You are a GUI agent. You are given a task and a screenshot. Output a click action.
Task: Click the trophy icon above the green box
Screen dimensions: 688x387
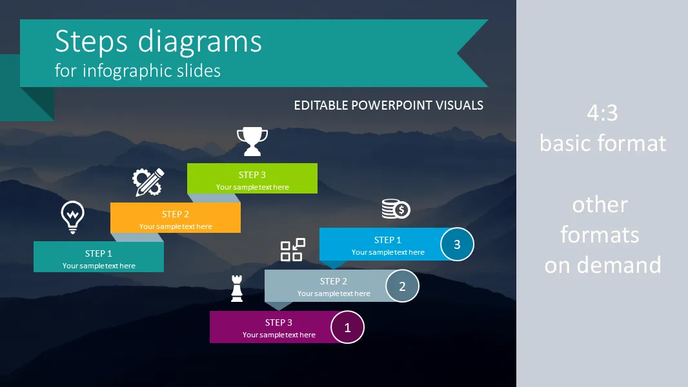[x=252, y=141]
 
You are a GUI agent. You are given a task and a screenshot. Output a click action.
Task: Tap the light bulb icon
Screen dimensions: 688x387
[x=72, y=217]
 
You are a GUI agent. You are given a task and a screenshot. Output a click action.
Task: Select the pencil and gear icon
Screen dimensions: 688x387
[x=148, y=182]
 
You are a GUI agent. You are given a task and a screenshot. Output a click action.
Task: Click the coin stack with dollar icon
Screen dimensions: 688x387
[x=396, y=208]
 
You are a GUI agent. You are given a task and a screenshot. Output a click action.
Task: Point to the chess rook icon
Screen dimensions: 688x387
[x=237, y=288]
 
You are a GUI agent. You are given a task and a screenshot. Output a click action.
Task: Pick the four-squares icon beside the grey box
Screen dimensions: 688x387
[x=292, y=250]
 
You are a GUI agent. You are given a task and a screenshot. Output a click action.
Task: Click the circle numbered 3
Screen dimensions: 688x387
[x=457, y=244]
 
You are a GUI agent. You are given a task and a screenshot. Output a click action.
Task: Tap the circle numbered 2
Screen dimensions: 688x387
[x=402, y=286]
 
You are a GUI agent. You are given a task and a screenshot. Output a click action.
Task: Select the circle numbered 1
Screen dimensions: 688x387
[x=347, y=327]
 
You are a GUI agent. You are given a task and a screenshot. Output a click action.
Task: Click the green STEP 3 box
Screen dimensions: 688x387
[x=252, y=179]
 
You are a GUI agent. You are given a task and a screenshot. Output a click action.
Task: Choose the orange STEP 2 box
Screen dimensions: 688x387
[x=176, y=218]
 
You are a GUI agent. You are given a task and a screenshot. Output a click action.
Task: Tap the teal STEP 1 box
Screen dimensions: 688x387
[x=99, y=257]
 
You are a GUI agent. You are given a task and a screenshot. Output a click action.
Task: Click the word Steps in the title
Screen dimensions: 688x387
[x=91, y=41]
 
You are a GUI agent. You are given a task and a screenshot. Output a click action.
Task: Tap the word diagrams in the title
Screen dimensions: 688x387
[x=200, y=43]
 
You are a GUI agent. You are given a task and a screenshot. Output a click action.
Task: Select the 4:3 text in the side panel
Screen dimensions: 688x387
[x=602, y=113]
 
